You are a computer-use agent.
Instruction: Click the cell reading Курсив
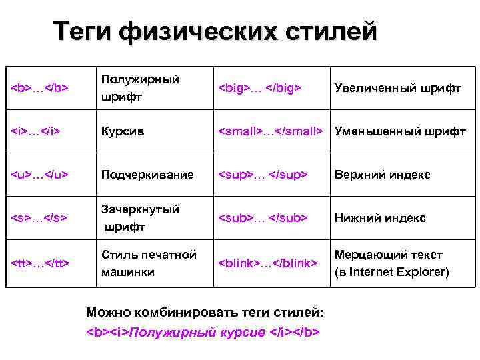123,131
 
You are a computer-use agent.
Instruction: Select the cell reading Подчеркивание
147,175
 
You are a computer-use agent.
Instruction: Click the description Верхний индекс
382,175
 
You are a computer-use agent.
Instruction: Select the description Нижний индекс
380,218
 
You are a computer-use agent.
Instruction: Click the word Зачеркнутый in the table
140,209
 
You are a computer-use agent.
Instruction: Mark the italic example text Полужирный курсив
197,331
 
